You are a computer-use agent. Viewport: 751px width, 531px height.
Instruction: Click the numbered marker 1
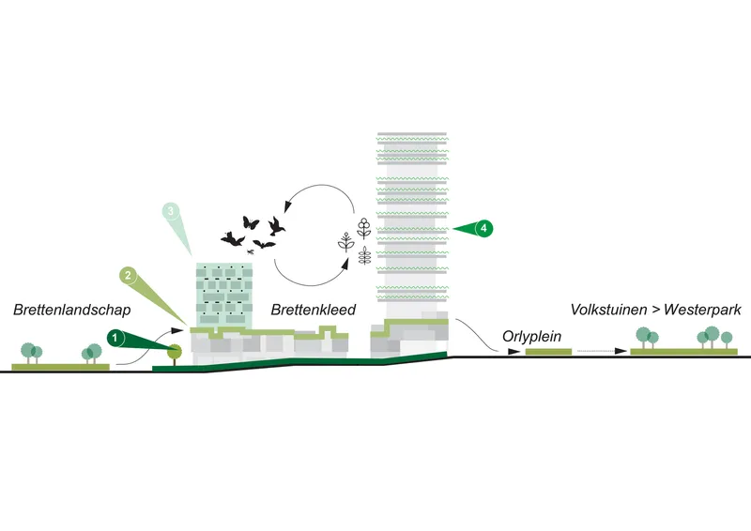[x=115, y=339]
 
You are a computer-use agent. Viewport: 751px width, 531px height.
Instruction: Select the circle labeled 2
[x=128, y=275]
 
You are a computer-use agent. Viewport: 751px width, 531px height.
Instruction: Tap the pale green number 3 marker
[x=171, y=211]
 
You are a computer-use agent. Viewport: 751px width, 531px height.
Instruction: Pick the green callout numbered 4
[x=483, y=228]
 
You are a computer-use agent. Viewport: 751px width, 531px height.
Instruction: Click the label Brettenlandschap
[x=72, y=310]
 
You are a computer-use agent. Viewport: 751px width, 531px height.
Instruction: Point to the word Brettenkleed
[x=314, y=310]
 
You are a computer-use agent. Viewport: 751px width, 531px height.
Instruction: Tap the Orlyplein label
[x=531, y=337]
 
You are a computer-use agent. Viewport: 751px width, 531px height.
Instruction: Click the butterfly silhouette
[x=251, y=222]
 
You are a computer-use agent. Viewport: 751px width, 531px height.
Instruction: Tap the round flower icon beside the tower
[x=364, y=228]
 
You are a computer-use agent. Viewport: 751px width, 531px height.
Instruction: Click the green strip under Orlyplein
[x=548, y=352]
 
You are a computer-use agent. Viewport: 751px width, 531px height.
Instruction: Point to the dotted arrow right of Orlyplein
[x=602, y=351]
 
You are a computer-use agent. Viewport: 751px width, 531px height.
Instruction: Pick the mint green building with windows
[x=224, y=295]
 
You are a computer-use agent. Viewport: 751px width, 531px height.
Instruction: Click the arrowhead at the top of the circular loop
[x=287, y=206]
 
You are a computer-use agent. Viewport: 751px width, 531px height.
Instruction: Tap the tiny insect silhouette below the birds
[x=250, y=251]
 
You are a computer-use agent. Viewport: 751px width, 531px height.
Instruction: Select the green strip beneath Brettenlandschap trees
[x=60, y=367]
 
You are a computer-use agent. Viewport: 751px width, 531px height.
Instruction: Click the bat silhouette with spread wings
[x=264, y=244]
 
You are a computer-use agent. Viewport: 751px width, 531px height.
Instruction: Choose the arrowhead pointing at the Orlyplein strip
[x=513, y=352]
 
